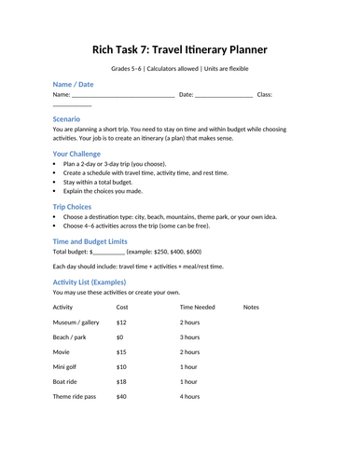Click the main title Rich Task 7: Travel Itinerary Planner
coord(180,48)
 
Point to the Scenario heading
coord(72,119)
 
